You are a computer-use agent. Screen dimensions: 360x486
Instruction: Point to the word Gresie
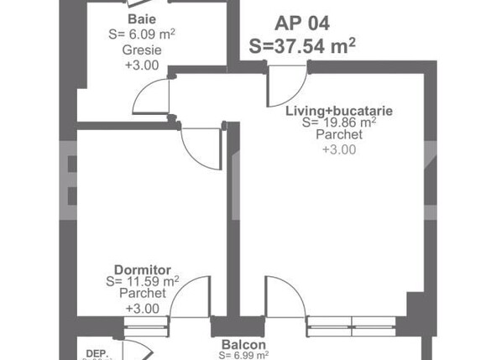142,50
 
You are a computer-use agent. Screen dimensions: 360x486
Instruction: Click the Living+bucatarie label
339,111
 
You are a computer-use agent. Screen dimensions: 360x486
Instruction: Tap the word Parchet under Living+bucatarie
339,135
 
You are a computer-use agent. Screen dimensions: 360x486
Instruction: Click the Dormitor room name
137,270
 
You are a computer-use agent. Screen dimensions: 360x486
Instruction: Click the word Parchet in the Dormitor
142,295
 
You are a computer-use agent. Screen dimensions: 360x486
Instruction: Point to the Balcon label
243,345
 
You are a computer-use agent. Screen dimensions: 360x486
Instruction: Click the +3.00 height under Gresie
142,65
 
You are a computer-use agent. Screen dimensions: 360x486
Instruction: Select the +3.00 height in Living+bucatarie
339,150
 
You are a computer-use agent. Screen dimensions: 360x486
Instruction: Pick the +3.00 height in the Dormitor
142,309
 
